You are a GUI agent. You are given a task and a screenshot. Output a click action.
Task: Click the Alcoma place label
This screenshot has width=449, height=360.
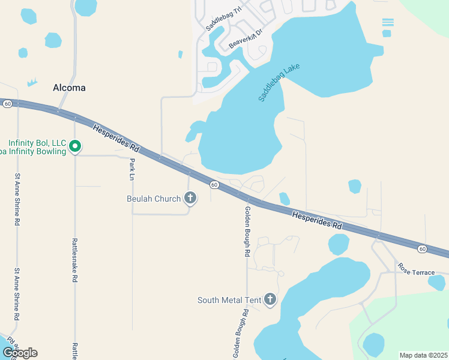click(69, 88)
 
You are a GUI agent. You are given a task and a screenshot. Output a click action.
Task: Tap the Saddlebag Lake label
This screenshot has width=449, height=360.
click(279, 82)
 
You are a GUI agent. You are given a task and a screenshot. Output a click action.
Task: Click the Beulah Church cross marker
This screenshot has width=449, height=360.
click(190, 199)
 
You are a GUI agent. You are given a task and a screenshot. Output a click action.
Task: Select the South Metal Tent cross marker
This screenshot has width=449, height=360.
click(270, 299)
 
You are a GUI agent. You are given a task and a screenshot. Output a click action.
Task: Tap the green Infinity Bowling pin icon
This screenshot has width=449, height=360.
click(75, 146)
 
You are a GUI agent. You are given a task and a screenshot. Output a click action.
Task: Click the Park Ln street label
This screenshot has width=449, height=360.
click(132, 169)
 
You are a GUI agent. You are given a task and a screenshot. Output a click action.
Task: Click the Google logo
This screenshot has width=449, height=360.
click(20, 352)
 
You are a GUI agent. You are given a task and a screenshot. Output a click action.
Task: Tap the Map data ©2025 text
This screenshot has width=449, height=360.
click(423, 355)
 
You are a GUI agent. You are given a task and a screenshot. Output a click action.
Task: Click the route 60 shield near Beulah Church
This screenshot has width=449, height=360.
click(214, 184)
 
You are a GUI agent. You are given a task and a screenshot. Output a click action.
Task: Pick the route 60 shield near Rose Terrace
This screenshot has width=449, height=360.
click(423, 248)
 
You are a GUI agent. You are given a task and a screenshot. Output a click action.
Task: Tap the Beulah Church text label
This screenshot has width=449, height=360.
click(154, 199)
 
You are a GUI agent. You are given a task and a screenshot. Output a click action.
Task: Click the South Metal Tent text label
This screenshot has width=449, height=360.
click(230, 299)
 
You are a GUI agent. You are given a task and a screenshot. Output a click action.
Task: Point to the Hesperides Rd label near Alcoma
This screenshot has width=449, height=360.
click(116, 137)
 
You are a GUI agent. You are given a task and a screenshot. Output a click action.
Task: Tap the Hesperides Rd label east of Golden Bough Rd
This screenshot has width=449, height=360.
click(316, 220)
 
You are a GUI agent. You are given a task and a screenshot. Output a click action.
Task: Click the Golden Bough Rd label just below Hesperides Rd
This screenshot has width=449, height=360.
click(247, 232)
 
